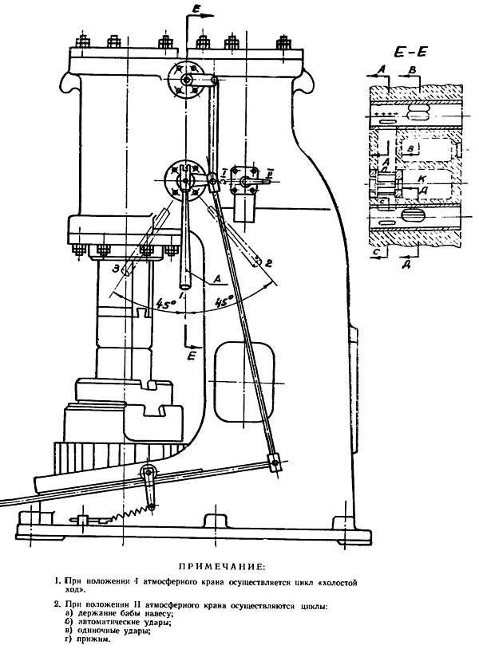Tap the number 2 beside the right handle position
(269, 262)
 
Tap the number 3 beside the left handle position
(117, 269)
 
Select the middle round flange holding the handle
(184, 182)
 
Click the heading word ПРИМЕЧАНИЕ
(220, 566)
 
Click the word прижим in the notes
(92, 639)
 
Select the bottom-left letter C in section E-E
(374, 251)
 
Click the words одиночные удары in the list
(111, 630)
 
